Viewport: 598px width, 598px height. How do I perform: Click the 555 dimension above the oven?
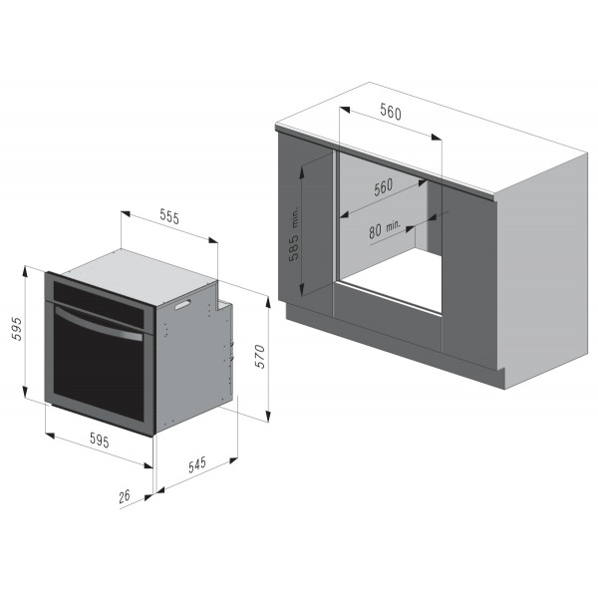[169, 216]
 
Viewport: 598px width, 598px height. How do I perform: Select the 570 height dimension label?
[260, 356]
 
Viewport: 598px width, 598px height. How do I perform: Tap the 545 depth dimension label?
[197, 464]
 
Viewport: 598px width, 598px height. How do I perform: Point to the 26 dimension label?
[125, 496]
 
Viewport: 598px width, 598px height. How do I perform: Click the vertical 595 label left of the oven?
[17, 329]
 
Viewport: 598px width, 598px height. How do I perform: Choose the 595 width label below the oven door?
[100, 440]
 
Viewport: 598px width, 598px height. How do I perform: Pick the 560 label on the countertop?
[391, 112]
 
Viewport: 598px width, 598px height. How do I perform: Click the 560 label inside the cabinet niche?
[383, 187]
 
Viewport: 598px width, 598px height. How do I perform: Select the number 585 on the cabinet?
[294, 247]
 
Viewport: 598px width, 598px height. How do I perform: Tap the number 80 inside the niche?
[375, 231]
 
